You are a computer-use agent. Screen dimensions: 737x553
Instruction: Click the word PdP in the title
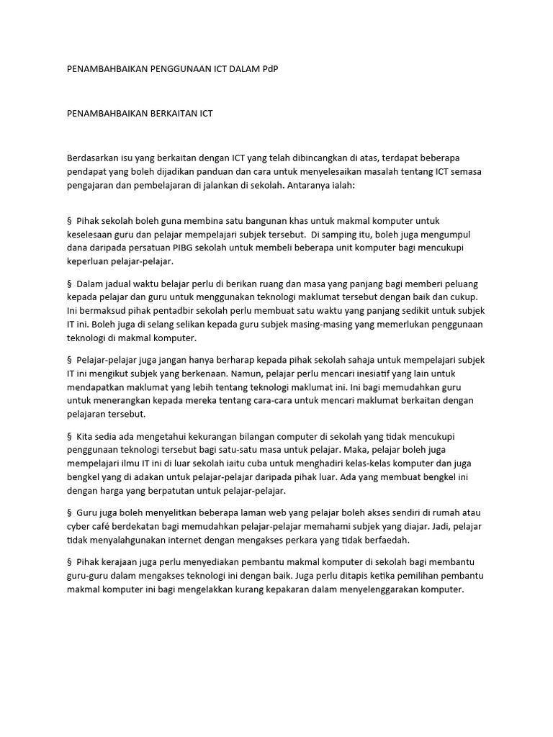click(x=269, y=68)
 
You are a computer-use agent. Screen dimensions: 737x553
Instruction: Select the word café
click(x=107, y=526)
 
